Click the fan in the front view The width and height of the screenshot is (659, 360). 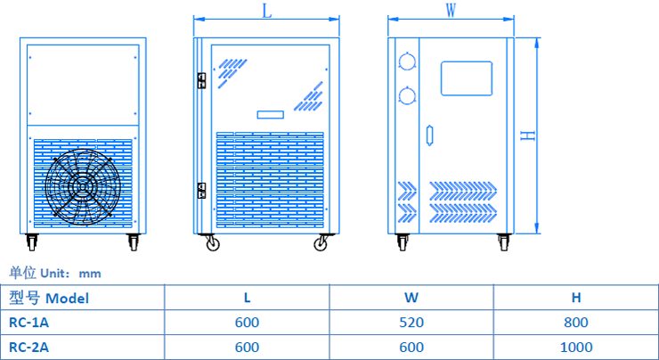point(82,186)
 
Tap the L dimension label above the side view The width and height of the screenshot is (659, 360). point(266,11)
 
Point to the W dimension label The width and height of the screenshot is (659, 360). point(452,11)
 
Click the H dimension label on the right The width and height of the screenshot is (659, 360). point(527,135)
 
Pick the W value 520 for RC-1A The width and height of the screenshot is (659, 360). point(411,322)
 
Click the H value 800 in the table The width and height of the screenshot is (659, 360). point(576,322)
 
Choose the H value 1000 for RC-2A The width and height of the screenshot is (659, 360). point(576,347)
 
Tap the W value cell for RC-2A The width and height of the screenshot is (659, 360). point(411,347)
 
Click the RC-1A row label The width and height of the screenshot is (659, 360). point(30,322)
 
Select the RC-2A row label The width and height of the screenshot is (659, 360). point(30,347)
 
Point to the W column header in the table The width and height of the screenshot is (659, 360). point(411,298)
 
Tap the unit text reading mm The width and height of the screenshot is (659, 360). point(90,274)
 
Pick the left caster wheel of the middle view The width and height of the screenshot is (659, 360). point(213,242)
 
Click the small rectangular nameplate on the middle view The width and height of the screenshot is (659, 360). point(270,114)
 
